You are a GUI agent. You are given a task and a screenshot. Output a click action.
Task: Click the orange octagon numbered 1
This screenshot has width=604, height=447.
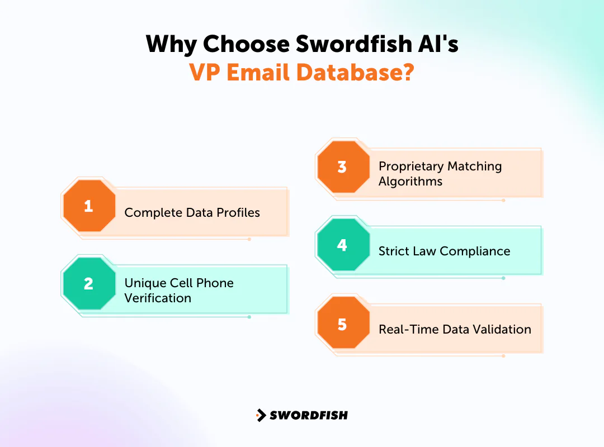(89, 206)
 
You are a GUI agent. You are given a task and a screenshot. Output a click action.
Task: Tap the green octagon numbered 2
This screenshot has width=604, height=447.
(89, 284)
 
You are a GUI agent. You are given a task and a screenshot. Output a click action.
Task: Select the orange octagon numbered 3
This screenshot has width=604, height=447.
(343, 167)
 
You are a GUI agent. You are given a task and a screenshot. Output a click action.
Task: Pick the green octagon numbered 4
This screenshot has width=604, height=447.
(343, 245)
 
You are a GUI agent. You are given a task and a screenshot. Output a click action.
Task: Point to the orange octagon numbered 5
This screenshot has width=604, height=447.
(343, 324)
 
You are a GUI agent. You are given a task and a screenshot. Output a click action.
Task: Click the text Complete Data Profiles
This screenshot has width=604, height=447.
(192, 213)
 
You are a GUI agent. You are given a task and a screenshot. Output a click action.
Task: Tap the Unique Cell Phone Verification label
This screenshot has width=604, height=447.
(179, 291)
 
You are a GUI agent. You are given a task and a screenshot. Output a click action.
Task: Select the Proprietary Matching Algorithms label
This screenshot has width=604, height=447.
(440, 174)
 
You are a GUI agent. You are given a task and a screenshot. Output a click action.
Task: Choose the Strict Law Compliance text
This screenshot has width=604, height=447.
(444, 251)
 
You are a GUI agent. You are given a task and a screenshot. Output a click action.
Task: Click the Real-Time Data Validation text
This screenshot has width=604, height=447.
(455, 330)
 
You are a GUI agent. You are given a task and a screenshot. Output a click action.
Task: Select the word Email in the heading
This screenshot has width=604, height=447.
(264, 73)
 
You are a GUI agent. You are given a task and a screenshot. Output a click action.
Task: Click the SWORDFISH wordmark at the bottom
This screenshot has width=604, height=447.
(309, 415)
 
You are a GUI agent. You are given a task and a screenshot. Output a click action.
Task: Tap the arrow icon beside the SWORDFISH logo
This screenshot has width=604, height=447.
(261, 415)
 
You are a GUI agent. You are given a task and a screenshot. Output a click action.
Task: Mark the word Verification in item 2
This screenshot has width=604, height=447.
(158, 298)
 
